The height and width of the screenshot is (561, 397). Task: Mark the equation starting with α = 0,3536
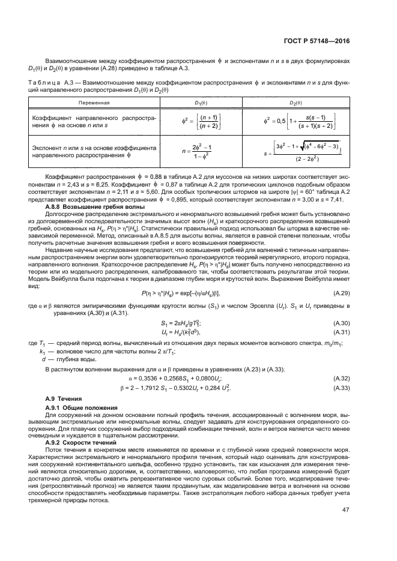(199, 379)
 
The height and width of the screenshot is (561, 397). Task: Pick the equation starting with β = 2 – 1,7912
(199, 388)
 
